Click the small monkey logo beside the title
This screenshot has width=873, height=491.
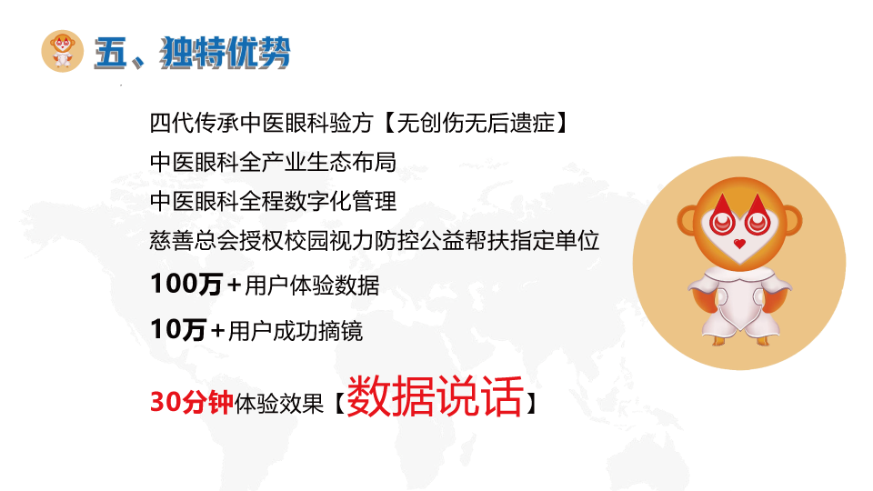(x=63, y=51)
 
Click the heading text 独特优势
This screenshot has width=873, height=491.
(x=226, y=53)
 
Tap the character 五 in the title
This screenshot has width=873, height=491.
(x=111, y=53)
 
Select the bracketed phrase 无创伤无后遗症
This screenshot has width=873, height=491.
(x=476, y=123)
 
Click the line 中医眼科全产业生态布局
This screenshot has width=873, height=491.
(x=273, y=162)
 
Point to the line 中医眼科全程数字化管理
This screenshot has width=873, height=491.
(x=273, y=201)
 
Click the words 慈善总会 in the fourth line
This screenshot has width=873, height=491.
(x=195, y=240)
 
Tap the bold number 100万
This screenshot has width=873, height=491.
(x=186, y=284)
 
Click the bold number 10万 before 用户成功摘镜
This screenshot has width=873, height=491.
(x=178, y=329)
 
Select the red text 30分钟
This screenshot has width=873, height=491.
(x=192, y=402)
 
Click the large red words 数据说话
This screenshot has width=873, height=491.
(x=435, y=396)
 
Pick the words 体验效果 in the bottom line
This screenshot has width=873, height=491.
(x=279, y=403)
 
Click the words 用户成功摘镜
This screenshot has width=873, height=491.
(x=296, y=331)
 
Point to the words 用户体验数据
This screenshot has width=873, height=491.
(x=312, y=286)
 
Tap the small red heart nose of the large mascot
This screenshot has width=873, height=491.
(x=739, y=244)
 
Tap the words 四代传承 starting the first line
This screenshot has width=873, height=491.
(x=195, y=123)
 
